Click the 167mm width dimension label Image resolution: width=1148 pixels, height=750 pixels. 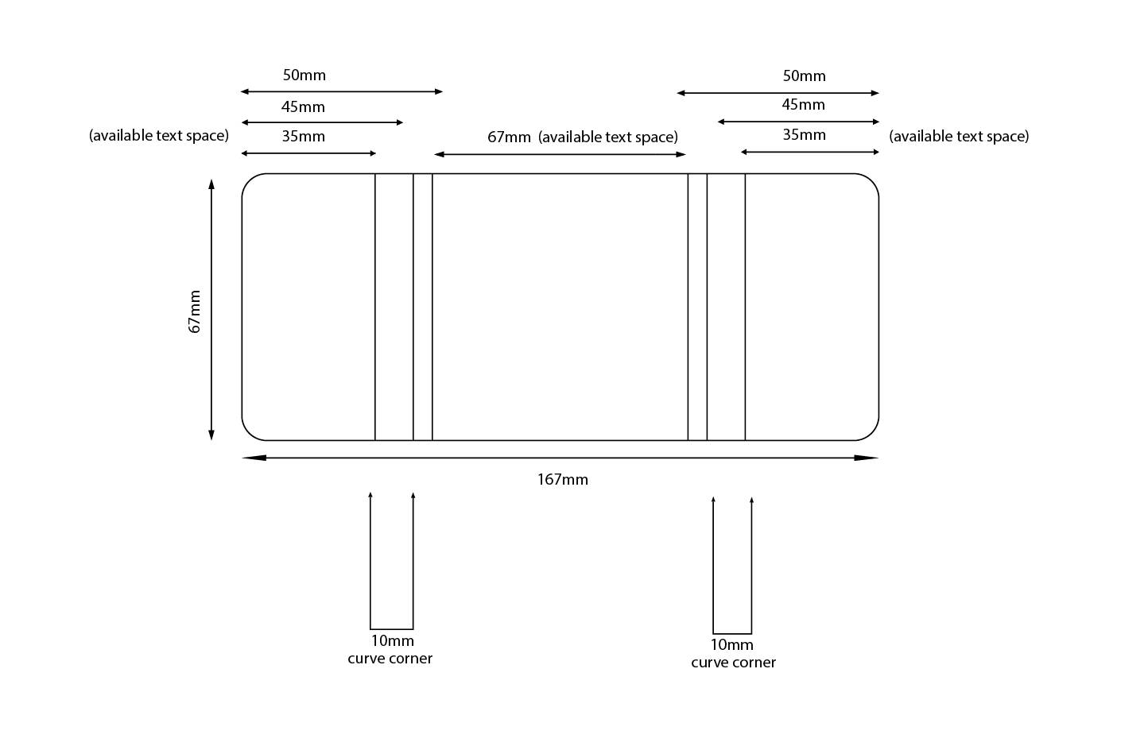(x=562, y=479)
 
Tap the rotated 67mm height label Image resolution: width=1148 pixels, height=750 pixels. (x=195, y=311)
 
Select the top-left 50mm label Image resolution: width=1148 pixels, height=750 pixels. (x=304, y=75)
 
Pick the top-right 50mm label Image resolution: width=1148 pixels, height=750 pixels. (x=804, y=76)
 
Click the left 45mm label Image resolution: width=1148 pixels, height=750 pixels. (x=303, y=106)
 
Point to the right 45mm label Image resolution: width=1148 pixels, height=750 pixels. (x=803, y=104)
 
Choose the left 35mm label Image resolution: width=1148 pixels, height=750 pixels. (x=303, y=136)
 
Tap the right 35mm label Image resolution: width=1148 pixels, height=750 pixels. (x=804, y=134)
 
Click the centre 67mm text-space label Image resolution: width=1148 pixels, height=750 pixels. (x=509, y=137)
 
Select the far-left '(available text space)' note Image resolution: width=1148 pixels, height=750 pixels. (x=159, y=135)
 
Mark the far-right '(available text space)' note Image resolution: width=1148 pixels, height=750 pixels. (x=958, y=136)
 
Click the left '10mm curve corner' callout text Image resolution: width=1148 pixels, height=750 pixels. (x=390, y=649)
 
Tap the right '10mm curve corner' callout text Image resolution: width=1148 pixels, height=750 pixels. (x=733, y=653)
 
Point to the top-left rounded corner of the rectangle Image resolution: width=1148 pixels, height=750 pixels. (x=249, y=180)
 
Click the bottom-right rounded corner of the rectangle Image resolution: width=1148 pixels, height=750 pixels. (x=872, y=433)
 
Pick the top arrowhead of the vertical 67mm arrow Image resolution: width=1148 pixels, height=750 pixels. (x=211, y=184)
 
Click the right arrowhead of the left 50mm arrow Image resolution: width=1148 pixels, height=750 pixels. (x=439, y=91)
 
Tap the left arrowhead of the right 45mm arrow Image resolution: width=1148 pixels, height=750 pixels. (x=721, y=122)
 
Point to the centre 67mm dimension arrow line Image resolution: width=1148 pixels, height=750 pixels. (x=560, y=154)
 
